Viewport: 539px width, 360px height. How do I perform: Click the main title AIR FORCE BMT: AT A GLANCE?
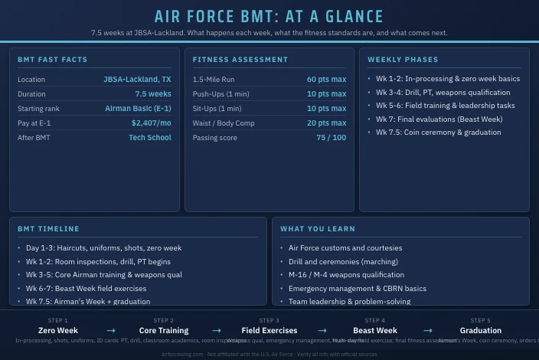(x=269, y=17)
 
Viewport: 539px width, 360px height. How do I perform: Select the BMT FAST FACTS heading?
(x=53, y=60)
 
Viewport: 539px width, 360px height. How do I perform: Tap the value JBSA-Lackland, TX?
(x=137, y=80)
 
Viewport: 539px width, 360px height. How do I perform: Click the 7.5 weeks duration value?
(x=153, y=94)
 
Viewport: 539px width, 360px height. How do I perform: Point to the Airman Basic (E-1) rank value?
(x=138, y=109)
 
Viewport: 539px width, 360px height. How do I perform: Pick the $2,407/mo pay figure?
(x=151, y=123)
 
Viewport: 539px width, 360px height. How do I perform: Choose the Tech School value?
(x=150, y=138)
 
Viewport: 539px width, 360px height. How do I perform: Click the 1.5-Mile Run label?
(x=214, y=80)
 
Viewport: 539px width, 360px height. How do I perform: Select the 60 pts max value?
(x=326, y=80)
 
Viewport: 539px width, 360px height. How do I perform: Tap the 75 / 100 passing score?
(x=331, y=138)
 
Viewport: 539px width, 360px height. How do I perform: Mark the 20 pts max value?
(x=326, y=123)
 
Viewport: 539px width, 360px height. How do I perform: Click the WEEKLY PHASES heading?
(x=403, y=60)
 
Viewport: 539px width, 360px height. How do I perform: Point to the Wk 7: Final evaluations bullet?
(x=439, y=119)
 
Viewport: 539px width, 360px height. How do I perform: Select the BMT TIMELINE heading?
(x=48, y=229)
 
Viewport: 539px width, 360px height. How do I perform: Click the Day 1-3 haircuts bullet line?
(x=103, y=248)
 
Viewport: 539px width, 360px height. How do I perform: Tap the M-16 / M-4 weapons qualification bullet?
(x=346, y=275)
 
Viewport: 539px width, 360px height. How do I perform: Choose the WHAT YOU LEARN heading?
(x=318, y=229)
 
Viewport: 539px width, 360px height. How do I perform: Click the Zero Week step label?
(x=58, y=331)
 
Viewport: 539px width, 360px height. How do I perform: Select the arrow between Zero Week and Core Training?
(x=111, y=331)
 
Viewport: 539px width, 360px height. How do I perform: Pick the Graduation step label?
(x=481, y=331)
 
